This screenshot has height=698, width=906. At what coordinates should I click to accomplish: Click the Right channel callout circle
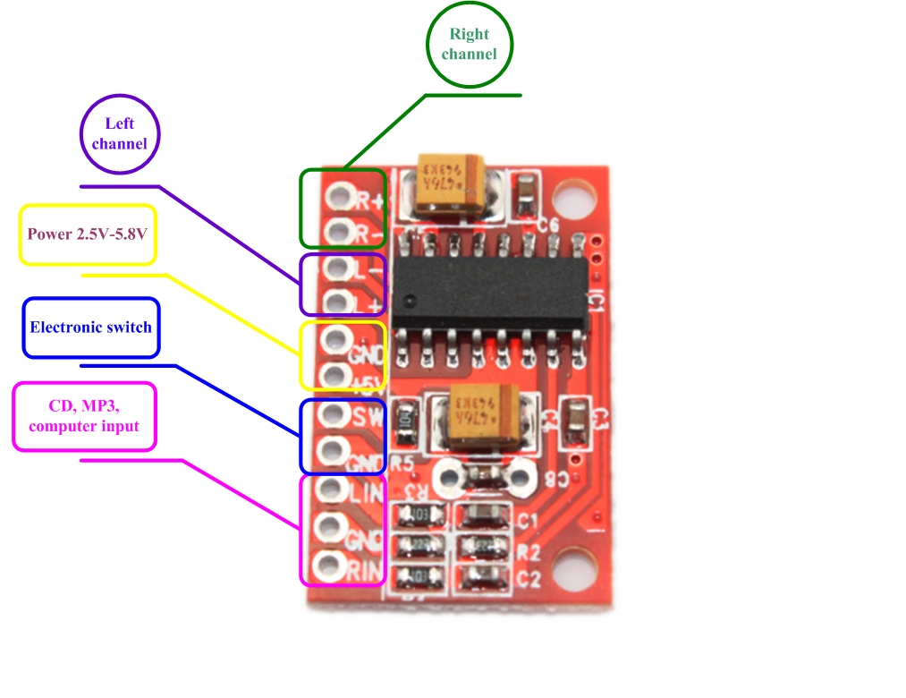tap(469, 45)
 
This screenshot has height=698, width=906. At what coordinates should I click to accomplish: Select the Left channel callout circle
tap(119, 133)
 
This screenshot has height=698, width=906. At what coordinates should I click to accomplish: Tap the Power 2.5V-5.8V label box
tap(88, 234)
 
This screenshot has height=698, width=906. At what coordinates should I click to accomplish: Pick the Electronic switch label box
tap(90, 328)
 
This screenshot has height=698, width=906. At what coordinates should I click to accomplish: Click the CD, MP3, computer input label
tap(84, 417)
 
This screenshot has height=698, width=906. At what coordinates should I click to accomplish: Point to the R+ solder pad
tap(337, 196)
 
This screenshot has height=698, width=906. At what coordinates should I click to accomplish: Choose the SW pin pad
tap(333, 414)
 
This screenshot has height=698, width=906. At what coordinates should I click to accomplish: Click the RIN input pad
tap(329, 566)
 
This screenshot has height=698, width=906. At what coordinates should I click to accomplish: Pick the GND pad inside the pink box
tap(330, 527)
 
